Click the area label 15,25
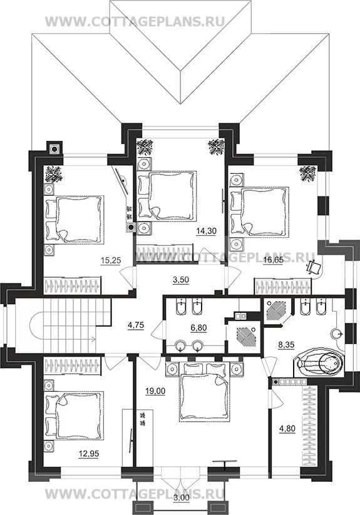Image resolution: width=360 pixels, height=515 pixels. (x=111, y=260)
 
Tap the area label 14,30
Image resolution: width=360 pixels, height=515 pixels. (x=206, y=231)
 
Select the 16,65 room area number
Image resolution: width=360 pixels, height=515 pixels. (x=273, y=260)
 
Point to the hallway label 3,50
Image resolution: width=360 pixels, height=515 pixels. (x=181, y=280)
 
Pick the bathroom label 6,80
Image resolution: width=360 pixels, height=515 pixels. (x=198, y=327)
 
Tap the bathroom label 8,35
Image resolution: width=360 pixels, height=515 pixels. (x=285, y=345)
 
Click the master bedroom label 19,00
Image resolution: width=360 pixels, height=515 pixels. (x=155, y=391)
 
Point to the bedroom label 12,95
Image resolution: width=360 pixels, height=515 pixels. (x=88, y=454)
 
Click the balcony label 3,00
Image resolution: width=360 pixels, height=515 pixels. (x=181, y=507)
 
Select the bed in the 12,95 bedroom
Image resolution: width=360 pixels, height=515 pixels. (x=74, y=415)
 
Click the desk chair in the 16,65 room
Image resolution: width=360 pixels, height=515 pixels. (x=312, y=267)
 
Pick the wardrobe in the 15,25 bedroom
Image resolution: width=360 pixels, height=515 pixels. (x=72, y=285)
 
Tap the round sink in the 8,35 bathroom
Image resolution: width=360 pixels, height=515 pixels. (x=336, y=334)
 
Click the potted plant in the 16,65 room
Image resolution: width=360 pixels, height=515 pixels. (x=308, y=173)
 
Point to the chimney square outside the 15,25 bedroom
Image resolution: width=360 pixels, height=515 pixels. (x=54, y=149)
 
